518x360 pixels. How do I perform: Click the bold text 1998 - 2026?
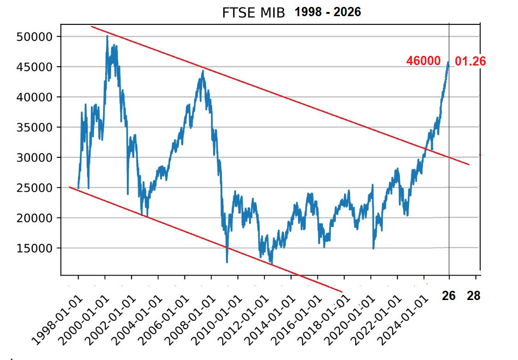(x=328, y=12)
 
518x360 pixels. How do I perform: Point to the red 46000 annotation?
(x=423, y=61)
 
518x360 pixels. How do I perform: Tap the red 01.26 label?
(x=470, y=61)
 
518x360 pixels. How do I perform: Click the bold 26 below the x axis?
(x=449, y=296)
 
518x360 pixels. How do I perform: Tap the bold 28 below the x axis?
(x=474, y=296)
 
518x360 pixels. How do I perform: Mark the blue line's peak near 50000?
(x=107, y=36)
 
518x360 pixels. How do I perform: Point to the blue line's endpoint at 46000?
(x=448, y=62)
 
